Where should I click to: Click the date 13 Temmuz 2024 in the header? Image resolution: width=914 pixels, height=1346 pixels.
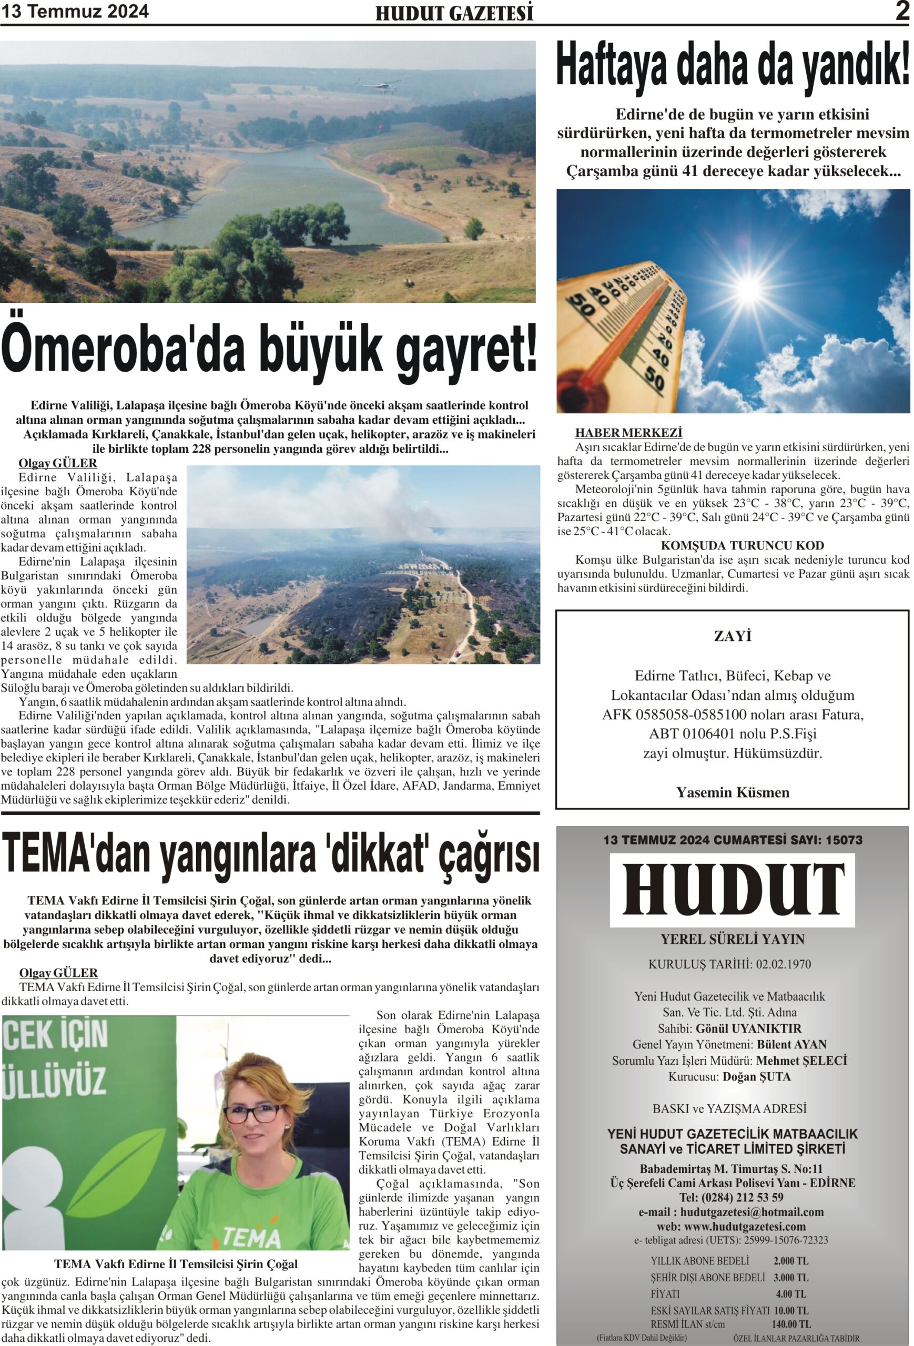pos(75,12)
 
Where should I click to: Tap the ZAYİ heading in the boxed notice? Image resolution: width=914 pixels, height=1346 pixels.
pos(732,637)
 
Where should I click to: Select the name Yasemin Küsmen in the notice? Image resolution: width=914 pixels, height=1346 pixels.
pos(732,792)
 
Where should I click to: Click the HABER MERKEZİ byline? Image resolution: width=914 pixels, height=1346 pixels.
pos(628,433)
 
